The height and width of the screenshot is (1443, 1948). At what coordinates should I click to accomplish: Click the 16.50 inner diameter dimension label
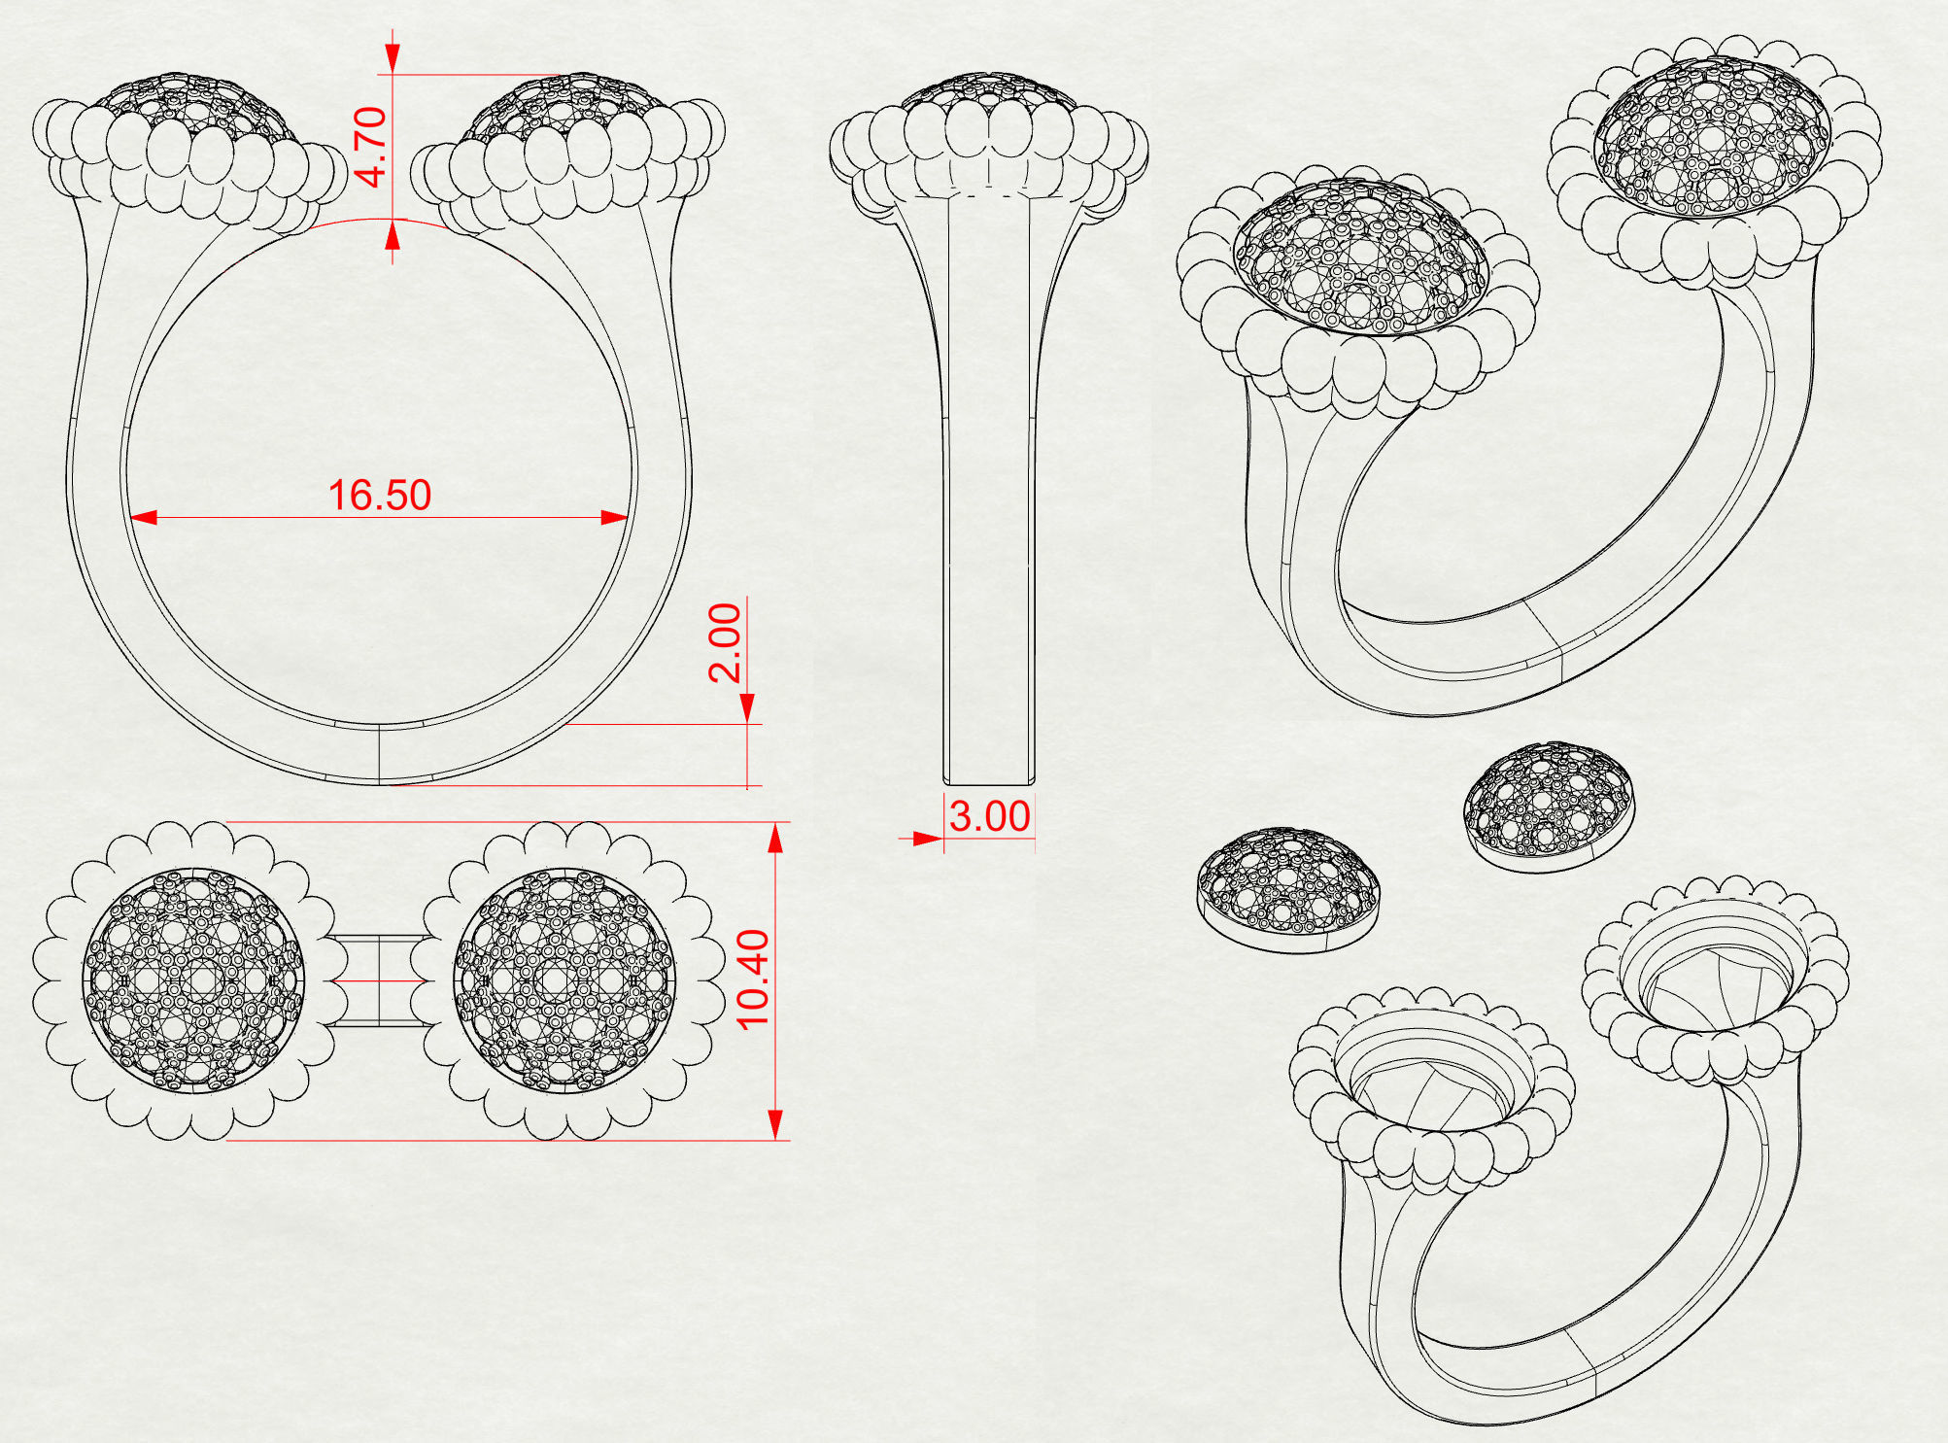point(379,496)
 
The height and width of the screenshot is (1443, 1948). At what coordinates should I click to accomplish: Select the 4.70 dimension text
point(371,147)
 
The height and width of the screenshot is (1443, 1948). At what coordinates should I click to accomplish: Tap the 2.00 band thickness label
point(725,642)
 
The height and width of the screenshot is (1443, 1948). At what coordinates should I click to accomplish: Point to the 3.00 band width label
point(989,816)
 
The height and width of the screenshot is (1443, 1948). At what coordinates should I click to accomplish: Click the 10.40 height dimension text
point(754,979)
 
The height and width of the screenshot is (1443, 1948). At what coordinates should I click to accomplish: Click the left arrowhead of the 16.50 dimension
point(144,517)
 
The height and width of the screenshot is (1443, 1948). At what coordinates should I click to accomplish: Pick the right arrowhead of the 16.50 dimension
point(615,517)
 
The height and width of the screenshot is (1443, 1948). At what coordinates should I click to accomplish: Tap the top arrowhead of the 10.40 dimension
point(775,838)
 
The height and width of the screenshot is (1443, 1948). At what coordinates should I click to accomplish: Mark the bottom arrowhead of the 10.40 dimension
point(775,1124)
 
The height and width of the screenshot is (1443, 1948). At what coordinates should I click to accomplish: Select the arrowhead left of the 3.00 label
point(928,838)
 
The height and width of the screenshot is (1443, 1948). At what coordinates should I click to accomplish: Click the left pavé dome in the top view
point(193,979)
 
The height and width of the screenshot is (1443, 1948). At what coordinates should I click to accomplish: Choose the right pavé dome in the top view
point(564,979)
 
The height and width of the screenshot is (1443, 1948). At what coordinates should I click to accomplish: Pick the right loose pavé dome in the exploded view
point(1549,805)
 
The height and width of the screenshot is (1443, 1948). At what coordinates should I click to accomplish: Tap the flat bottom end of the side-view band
point(989,781)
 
